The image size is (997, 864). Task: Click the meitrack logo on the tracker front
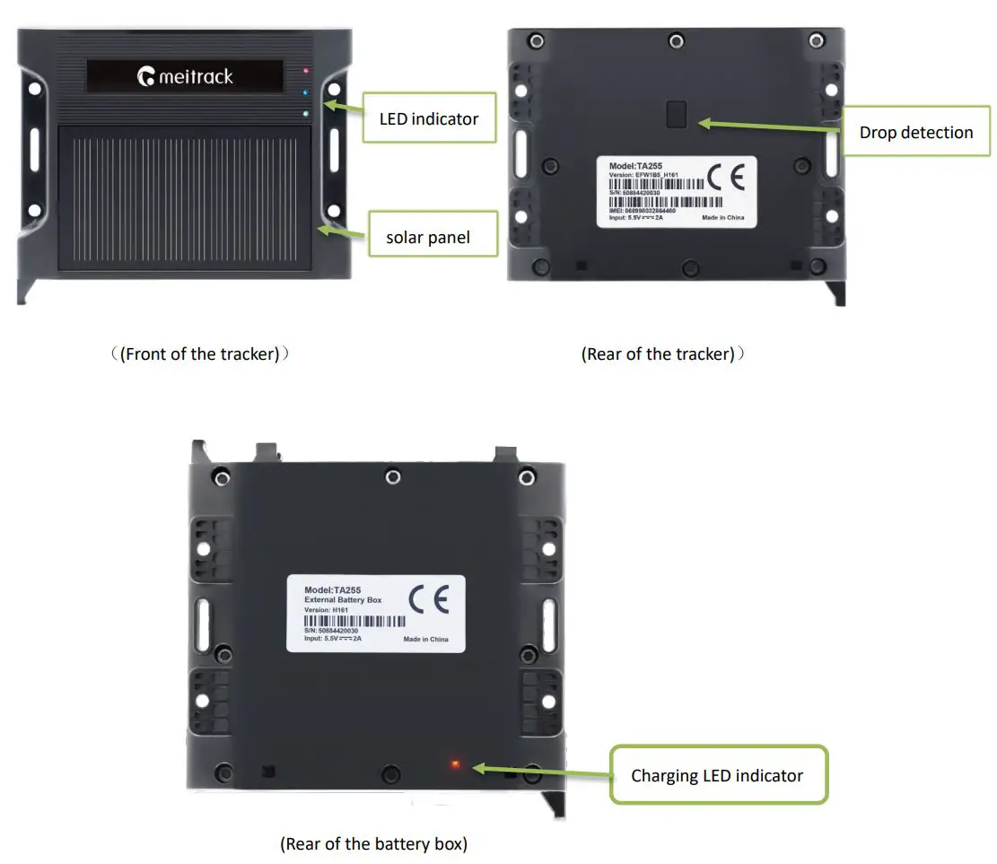(x=185, y=76)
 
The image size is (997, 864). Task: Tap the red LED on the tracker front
(x=307, y=70)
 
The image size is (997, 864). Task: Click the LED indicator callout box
(x=429, y=118)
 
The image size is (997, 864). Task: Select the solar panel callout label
(x=428, y=238)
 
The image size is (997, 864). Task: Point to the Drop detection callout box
(x=915, y=133)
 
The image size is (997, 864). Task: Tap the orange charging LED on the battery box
(x=455, y=764)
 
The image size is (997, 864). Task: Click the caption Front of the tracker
(x=201, y=354)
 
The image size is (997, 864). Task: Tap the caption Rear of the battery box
(x=373, y=843)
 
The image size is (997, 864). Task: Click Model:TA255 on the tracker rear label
(x=636, y=166)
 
